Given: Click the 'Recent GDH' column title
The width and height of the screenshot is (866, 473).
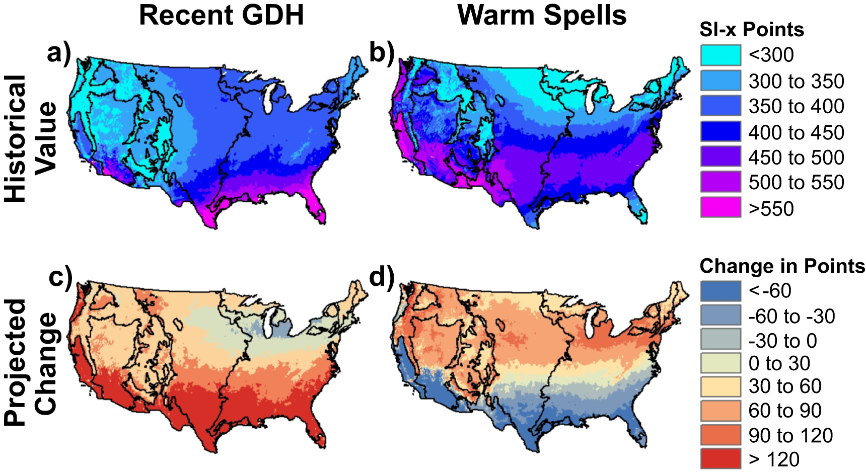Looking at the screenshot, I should (x=221, y=15).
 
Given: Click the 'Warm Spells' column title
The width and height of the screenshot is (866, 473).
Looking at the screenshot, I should (x=542, y=15).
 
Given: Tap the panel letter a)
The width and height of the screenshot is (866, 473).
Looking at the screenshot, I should (x=58, y=53).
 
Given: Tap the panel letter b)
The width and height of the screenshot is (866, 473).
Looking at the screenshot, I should (x=381, y=53).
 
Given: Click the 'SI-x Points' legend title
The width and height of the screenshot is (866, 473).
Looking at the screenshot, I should (x=751, y=30).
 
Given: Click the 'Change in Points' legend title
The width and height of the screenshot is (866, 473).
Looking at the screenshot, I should (x=782, y=266).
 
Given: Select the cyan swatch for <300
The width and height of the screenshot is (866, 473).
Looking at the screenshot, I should (x=720, y=55).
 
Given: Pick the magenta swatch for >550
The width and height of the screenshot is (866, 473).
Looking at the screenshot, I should (x=720, y=207).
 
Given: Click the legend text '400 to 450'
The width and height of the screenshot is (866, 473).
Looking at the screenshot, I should (x=796, y=133).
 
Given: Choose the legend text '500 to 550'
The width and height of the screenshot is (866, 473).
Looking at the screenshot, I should (x=796, y=183).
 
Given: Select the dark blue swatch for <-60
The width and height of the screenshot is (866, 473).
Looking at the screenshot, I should (x=720, y=291).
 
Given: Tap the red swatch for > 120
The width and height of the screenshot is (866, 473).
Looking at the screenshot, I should (x=720, y=459).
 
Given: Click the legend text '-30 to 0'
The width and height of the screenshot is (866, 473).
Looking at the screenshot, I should (x=782, y=341).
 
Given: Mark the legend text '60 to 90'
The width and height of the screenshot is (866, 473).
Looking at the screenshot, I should (x=784, y=411).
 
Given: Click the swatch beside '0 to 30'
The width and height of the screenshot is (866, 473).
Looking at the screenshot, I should (x=720, y=363).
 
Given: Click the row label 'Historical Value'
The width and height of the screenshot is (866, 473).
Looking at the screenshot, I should (x=30, y=138).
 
